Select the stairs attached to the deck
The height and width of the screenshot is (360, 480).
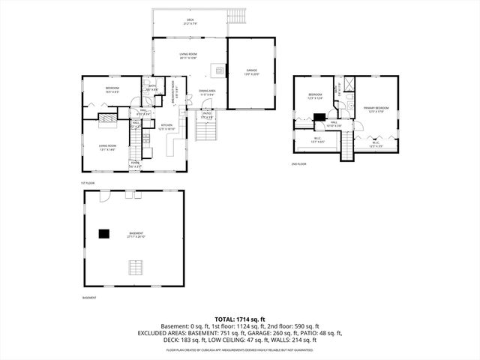coord(238,16)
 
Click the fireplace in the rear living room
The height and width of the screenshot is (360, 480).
coord(217,72)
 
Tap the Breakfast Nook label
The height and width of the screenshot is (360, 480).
coord(172,84)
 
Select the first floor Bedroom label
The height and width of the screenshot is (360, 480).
coord(112,90)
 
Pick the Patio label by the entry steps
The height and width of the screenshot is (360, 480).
coord(207,115)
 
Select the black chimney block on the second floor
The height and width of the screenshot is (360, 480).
coord(319,116)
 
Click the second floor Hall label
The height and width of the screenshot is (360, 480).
coord(333,124)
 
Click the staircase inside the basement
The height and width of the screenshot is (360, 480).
coord(135,268)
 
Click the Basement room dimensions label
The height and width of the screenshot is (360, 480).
coord(134,237)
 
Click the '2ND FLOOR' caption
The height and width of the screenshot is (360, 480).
coord(299,163)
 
